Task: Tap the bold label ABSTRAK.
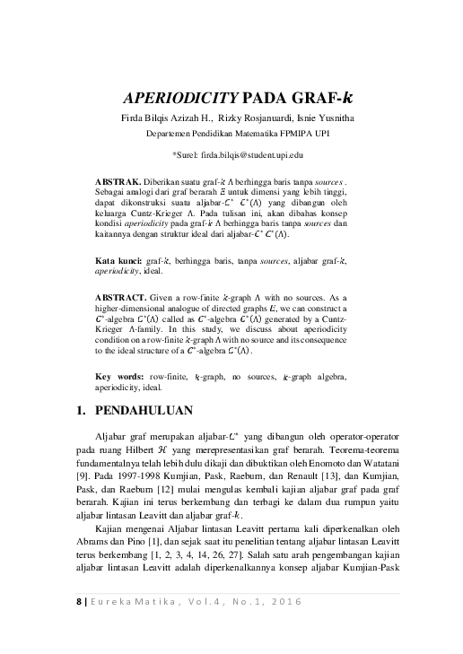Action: (x=117, y=181)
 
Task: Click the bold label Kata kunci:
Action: (x=118, y=259)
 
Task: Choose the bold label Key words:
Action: (x=119, y=376)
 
